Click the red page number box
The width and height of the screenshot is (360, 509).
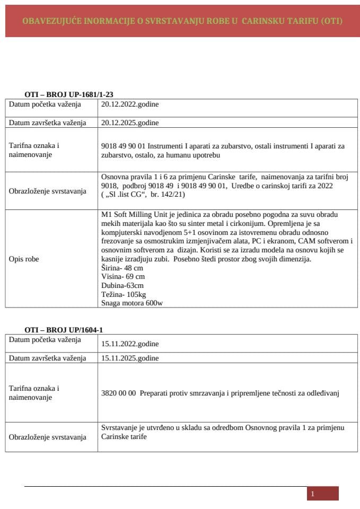point(322,494)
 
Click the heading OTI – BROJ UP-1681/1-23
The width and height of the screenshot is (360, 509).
point(69,94)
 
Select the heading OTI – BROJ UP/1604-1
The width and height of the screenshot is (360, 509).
point(64,330)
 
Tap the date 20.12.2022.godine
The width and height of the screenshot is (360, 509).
point(130,104)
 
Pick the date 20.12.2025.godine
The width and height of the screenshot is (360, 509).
point(130,122)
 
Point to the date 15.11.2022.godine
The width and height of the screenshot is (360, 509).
point(130,344)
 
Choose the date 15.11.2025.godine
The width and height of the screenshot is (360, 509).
point(130,358)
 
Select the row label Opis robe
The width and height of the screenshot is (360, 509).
point(24,259)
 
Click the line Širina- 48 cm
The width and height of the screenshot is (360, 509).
point(120,268)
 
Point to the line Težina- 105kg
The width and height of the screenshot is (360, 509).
point(124,294)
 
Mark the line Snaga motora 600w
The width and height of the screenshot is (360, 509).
point(132,303)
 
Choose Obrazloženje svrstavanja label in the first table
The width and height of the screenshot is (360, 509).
point(47,191)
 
